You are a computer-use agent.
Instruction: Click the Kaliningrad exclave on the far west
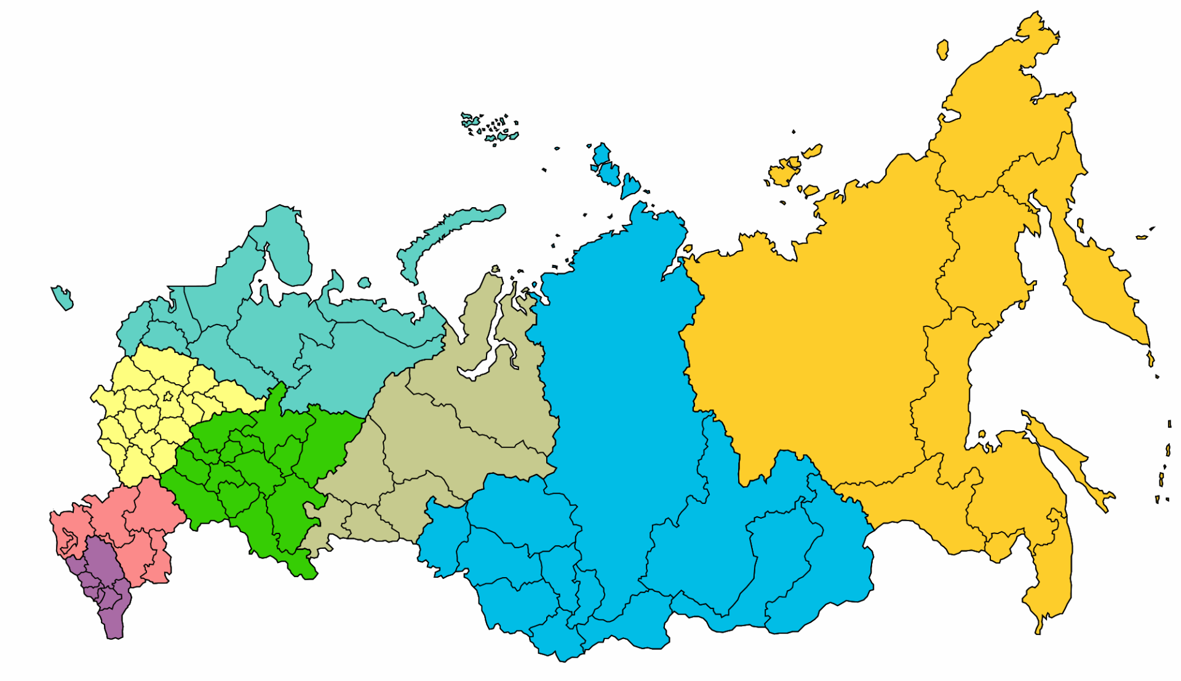[62, 297]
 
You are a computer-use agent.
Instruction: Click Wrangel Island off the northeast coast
[942, 49]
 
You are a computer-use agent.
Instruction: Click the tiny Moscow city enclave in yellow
[167, 396]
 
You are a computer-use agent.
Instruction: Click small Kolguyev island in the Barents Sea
[364, 283]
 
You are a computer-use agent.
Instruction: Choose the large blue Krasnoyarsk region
[615, 369]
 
